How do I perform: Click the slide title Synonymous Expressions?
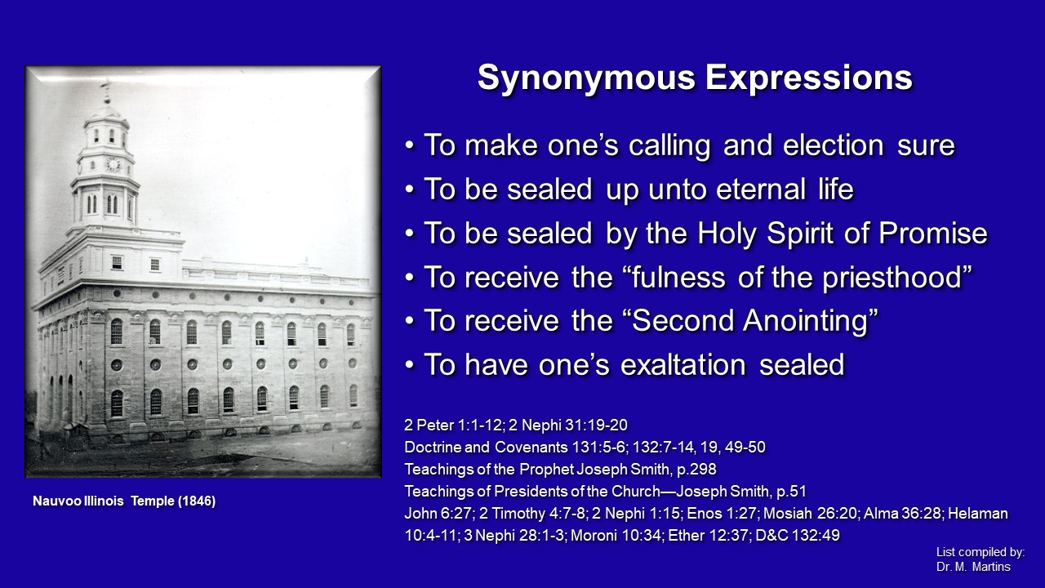point(694,78)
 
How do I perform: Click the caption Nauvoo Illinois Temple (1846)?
point(124,501)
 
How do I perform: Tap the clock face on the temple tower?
point(113,164)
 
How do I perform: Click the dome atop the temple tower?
point(106,110)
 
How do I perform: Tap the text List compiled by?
point(981,552)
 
